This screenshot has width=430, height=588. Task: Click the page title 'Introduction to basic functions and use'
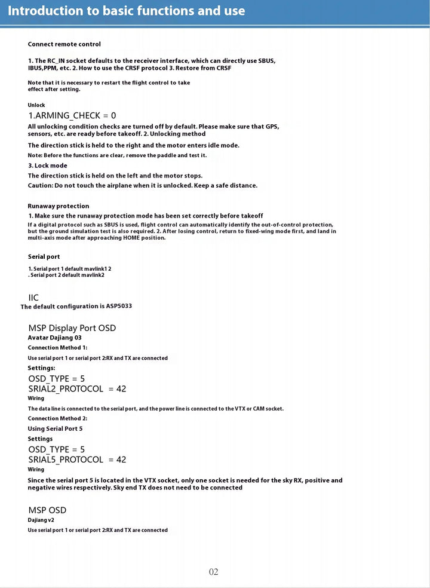[126, 11]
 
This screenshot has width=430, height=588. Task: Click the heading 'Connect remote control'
[64, 44]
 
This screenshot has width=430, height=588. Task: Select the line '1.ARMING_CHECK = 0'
[72, 115]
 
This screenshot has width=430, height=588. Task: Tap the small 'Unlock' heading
[36, 105]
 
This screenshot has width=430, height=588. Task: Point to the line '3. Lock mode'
[48, 166]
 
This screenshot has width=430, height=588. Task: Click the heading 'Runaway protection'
[59, 206]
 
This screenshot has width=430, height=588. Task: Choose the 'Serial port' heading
[44, 257]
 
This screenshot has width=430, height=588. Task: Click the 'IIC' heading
[33, 298]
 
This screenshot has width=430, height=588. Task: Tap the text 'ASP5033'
[119, 306]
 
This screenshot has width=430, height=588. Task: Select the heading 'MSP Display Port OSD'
[72, 328]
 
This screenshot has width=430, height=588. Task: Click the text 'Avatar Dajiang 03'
[54, 338]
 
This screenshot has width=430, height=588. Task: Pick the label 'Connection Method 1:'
[57, 348]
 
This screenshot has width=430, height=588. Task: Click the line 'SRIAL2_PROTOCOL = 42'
[77, 389]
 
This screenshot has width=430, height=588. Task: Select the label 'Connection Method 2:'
[57, 418]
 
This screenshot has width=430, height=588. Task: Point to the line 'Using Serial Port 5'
[55, 428]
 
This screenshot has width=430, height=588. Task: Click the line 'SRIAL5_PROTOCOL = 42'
[77, 460]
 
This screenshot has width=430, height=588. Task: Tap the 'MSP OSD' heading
[47, 510]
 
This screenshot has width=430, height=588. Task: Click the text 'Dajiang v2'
[41, 520]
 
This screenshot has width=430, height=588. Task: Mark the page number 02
[214, 572]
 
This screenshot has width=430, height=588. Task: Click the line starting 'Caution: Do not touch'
[143, 185]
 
